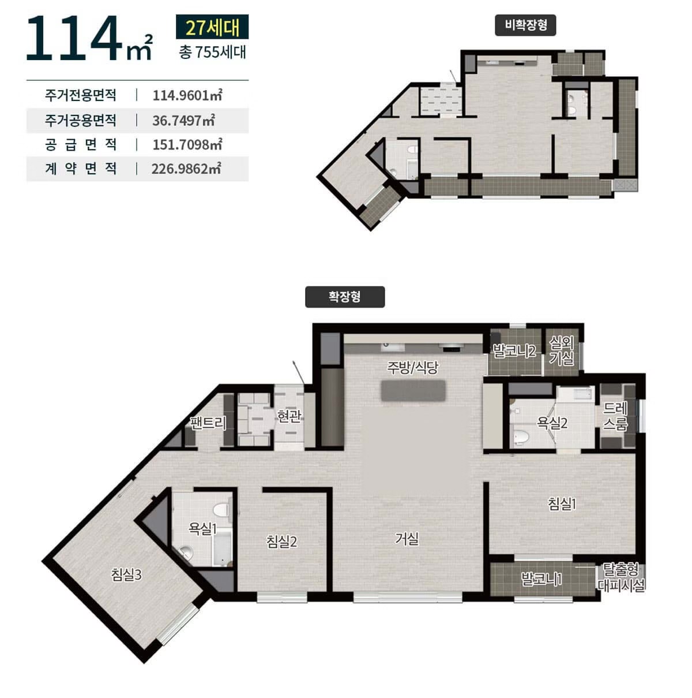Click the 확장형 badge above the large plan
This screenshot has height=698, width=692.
344,297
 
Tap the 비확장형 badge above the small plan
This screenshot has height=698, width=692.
525,25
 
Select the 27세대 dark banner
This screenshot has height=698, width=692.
212,27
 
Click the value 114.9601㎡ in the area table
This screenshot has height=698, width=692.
187,95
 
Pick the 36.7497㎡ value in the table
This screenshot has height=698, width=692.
183,120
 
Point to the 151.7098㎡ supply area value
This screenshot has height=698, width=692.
187,144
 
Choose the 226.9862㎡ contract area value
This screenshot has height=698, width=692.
186,169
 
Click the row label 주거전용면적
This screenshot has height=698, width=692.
80,95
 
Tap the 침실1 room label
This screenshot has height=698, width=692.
562,504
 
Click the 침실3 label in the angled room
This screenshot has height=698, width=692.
126,575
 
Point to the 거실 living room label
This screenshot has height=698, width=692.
407,539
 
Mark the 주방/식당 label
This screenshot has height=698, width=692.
412,368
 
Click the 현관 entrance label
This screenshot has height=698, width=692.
288,416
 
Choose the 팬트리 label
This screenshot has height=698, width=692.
208,423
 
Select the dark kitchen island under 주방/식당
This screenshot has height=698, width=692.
413,390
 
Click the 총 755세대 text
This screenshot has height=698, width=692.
212,52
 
